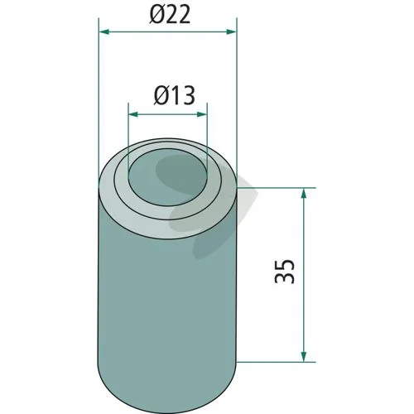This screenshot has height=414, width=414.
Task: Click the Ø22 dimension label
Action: point(170,14)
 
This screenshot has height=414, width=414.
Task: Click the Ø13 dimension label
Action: point(174,95)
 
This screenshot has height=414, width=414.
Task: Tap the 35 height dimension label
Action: point(285,272)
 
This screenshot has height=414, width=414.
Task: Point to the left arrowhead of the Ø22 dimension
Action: point(104,32)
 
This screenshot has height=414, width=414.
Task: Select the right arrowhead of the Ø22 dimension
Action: point(231,32)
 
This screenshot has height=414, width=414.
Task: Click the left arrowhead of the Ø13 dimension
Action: point(134,114)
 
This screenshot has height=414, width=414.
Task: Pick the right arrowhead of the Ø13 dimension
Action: point(202,114)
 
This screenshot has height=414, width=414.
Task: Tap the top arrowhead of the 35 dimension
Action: point(304,194)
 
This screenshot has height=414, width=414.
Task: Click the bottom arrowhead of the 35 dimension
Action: point(304,356)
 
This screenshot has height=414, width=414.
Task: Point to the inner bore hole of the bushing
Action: point(168,176)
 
